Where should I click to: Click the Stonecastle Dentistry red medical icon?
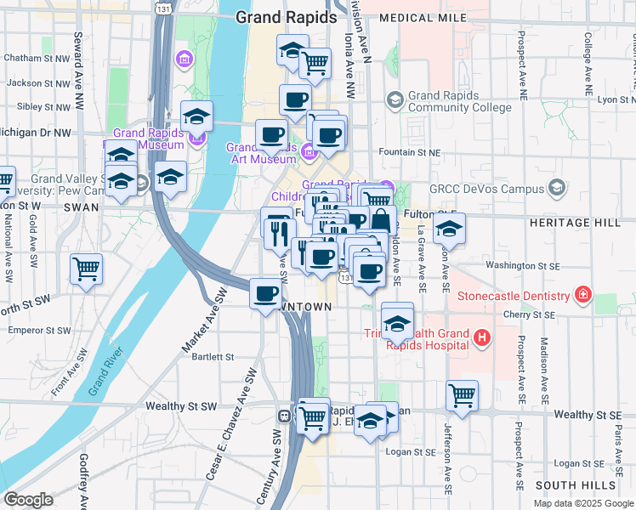pos(583,296)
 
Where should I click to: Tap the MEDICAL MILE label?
pos(423,17)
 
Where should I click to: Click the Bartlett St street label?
pos(212,358)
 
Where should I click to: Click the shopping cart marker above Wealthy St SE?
pos(462,394)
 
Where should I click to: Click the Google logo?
pos(28,500)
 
